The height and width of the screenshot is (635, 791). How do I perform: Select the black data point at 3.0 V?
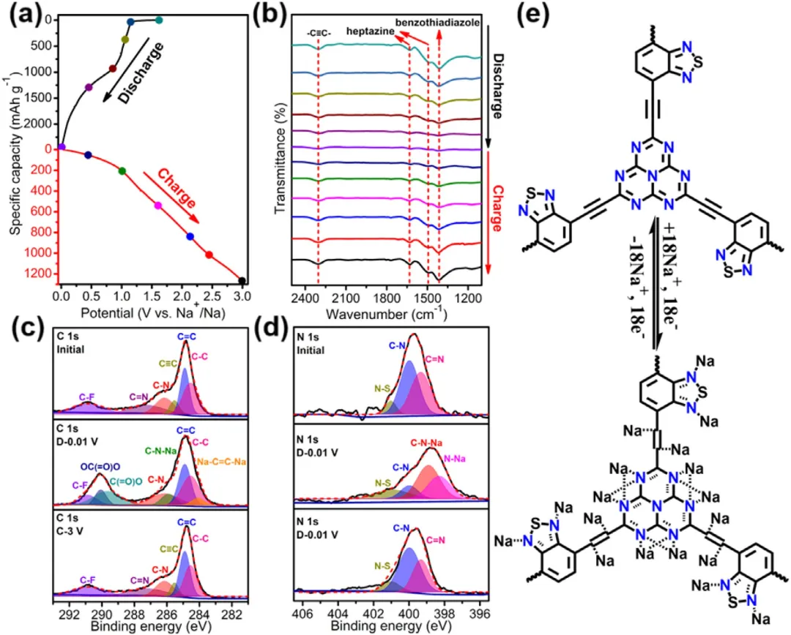coord(242,280)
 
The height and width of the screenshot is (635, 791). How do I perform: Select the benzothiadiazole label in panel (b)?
coord(438,23)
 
